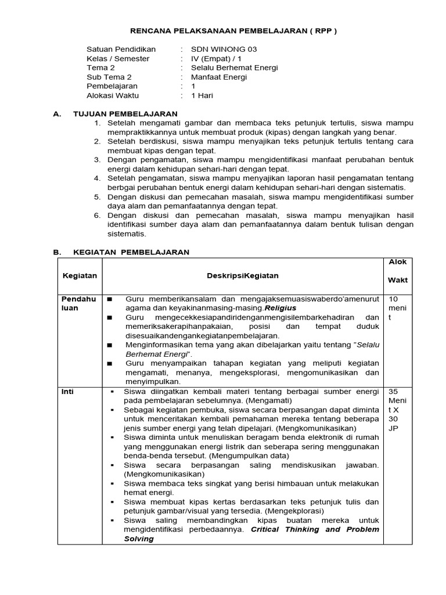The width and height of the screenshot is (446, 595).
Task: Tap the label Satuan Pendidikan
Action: pos(121,49)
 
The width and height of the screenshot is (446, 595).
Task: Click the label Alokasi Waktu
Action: pos(113,96)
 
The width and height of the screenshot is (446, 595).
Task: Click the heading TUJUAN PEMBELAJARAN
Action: pos(125,114)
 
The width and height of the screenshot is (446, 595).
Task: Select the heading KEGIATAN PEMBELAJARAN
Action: pos(131,252)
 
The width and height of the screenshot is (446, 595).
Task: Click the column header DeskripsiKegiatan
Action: pos(243,275)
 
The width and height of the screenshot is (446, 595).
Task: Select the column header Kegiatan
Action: pos(80,275)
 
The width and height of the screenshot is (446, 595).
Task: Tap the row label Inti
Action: pos(68,392)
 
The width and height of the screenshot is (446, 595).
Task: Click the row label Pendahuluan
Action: pos(78,303)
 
